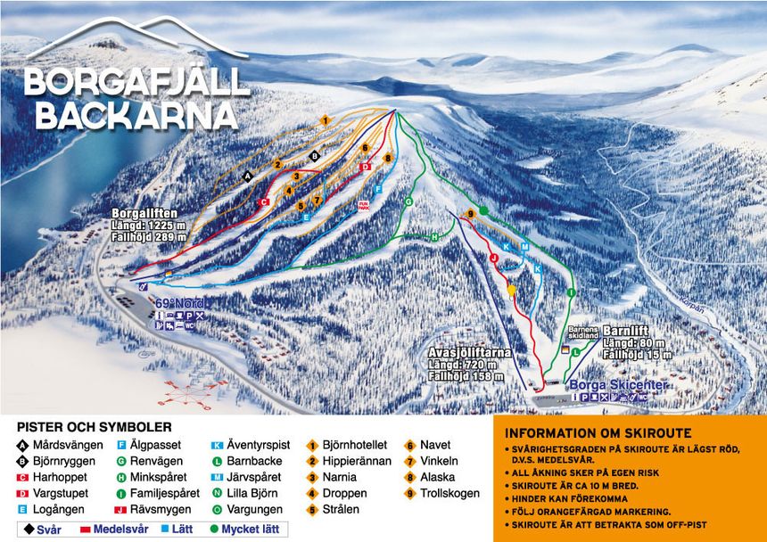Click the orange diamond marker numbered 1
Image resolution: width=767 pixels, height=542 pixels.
point(326,120)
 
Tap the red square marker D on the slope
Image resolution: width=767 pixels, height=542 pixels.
point(364,167)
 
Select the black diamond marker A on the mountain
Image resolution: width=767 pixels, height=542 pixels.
point(248,177)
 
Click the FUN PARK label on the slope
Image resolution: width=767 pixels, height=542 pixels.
point(363,204)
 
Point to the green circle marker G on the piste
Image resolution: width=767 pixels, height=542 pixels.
point(408,202)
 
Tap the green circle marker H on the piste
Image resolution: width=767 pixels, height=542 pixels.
point(435,236)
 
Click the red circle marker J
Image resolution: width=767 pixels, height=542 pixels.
point(493,257)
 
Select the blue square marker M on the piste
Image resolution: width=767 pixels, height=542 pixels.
point(524,246)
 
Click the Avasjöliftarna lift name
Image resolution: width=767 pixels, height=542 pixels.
point(469,352)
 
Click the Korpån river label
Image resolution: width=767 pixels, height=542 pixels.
point(691,303)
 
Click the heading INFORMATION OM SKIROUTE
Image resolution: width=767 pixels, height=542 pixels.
point(598,434)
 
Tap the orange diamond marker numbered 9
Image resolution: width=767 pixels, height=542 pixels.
point(470,214)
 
